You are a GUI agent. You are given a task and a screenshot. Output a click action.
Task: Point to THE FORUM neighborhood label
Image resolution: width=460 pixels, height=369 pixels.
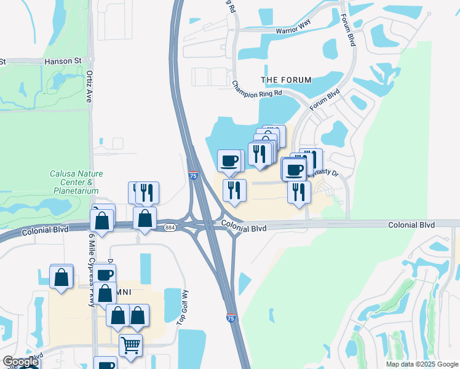(286, 80)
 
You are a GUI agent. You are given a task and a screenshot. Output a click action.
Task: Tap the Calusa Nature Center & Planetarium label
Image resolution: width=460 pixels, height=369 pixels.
(72, 182)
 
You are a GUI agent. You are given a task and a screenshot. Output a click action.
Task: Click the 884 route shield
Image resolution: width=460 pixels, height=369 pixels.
(170, 228)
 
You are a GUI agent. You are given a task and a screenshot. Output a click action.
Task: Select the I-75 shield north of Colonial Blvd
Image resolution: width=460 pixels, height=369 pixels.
(193, 176)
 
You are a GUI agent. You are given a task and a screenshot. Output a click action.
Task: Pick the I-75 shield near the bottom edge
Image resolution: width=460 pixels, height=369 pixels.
(231, 317)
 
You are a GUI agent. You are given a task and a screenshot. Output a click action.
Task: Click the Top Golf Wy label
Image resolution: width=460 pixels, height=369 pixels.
(181, 307)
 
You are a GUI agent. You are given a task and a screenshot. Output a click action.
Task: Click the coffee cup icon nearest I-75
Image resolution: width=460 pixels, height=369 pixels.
(229, 161)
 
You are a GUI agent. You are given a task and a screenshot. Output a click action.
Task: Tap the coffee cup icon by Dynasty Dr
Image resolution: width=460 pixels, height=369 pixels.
(295, 169)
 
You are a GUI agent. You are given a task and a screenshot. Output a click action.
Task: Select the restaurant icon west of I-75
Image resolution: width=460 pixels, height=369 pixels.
(146, 193)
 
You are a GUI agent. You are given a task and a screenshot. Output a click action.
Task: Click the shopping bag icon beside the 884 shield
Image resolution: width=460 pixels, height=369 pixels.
(145, 218)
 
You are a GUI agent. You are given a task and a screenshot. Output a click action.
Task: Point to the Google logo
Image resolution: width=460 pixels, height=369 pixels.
(20, 362)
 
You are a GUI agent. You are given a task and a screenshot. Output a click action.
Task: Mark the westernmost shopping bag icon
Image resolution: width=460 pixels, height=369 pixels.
(61, 277)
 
